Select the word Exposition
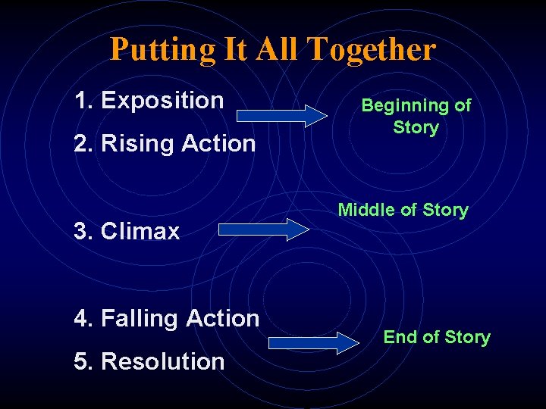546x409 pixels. pos(162,100)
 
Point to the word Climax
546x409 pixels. pos(140,231)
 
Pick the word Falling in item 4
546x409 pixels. pos(136,319)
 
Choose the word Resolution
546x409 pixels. pos(162,361)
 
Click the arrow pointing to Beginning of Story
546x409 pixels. pos(282,115)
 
